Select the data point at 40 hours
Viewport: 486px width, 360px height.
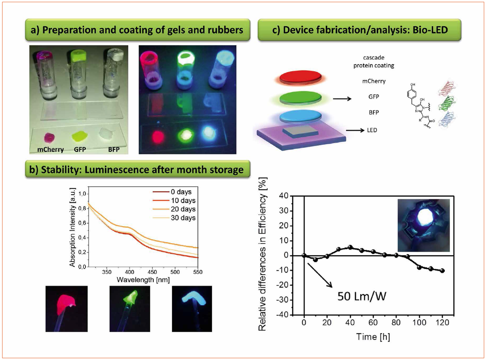coord(350,247)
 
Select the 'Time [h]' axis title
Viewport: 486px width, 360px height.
coord(373,336)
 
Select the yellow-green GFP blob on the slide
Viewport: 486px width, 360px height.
coord(81,136)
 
